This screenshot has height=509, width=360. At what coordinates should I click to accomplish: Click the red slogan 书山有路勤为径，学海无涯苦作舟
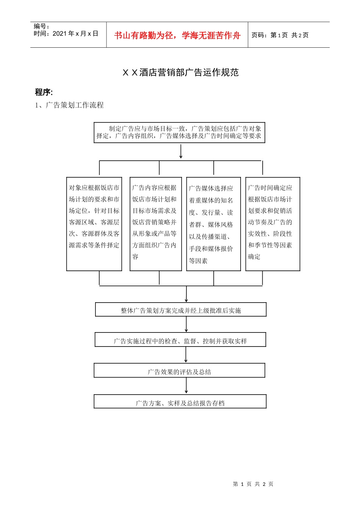pos(177,36)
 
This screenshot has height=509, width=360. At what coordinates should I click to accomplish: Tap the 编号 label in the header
pos(41,27)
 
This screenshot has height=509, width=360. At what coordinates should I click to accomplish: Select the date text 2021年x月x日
pos(75,34)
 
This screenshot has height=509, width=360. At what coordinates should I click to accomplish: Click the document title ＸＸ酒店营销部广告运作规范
pos(180,72)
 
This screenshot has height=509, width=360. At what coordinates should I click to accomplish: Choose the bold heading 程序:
pos(44,92)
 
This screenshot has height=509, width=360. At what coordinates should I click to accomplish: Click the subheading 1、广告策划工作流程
pos(69,105)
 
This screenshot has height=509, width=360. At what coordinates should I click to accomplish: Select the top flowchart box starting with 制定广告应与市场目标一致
pos(179,133)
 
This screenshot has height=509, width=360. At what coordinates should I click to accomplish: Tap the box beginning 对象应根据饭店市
pos(94,223)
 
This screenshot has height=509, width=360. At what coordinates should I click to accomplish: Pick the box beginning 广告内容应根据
pos(155,223)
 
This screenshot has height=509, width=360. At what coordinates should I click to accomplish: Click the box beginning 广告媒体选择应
pos(213,224)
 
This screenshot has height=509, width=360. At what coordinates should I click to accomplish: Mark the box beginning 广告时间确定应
pos(272,223)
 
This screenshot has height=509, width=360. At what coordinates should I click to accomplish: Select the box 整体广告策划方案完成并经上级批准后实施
pos(181,310)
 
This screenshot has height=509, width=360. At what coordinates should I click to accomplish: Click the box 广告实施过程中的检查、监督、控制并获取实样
pos(180,340)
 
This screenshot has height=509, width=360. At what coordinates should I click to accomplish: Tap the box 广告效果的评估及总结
pos(180,371)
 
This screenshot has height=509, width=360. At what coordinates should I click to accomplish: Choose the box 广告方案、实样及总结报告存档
pos(180,402)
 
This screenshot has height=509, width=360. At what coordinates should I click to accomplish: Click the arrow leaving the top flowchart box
pos(181,151)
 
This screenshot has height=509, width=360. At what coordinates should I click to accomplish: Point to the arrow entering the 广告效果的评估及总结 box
pos(186,355)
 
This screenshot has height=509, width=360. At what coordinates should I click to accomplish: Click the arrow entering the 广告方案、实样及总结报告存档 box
pos(186,386)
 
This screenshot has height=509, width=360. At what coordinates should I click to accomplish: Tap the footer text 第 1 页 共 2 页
pos(253,484)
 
